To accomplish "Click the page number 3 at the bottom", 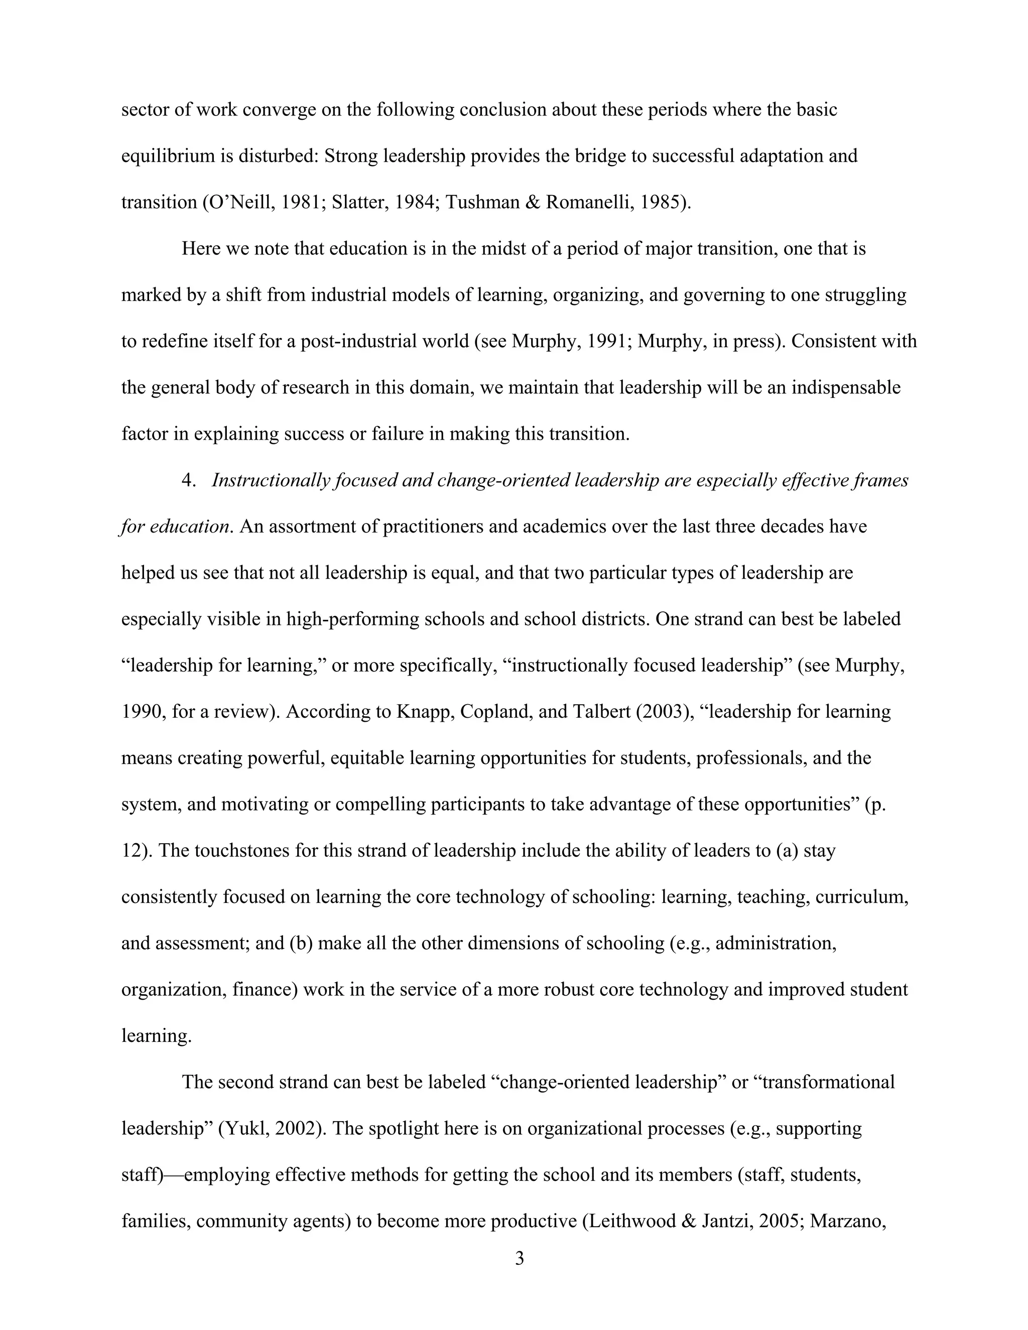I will click(x=519, y=1258).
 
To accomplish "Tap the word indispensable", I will click(x=845, y=387).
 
